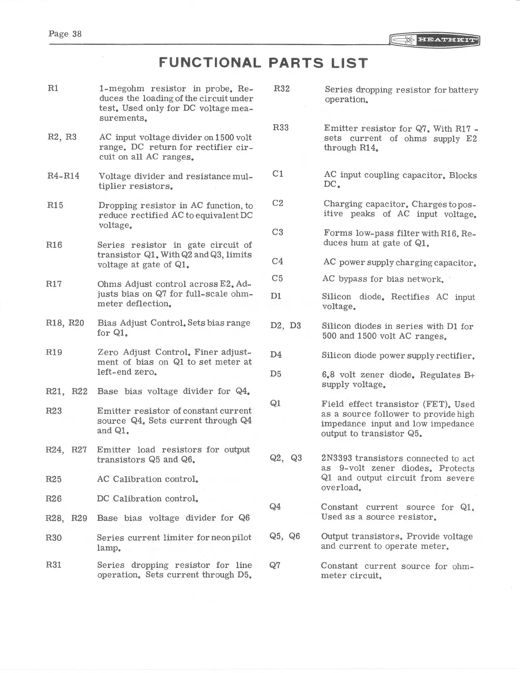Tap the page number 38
pos(77,34)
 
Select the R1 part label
pos(53,88)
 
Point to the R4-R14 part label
pos(63,176)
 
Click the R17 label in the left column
pos(54,284)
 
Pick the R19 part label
pos(54,352)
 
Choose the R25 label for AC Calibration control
pos(54,479)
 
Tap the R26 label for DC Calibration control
pos(54,498)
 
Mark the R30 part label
pos(54,538)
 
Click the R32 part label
pos(282,89)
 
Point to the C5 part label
pos(277,278)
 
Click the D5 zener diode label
pos(276,374)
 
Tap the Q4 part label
pos(276,506)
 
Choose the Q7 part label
pos(275,566)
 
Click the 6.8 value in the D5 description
pos(328,375)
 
